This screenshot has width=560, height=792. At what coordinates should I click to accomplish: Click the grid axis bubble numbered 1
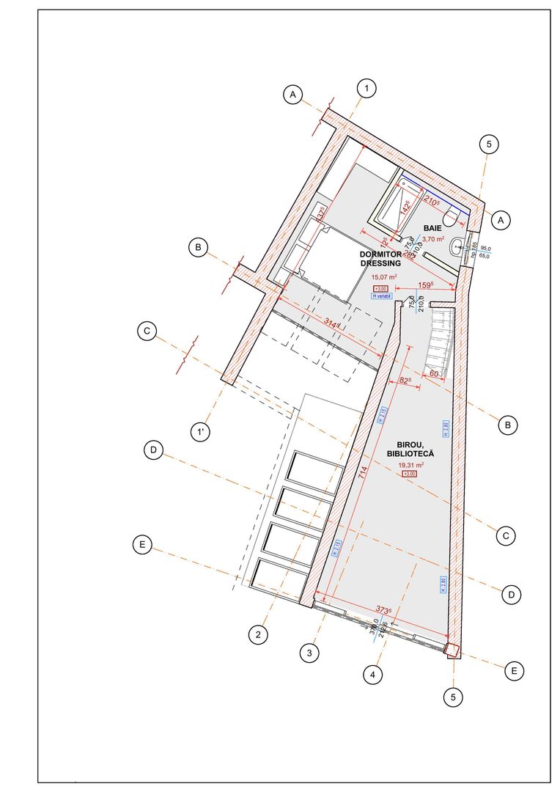[366, 89]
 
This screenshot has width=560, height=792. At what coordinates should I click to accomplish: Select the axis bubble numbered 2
[257, 634]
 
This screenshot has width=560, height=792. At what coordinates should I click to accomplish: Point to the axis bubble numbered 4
[374, 672]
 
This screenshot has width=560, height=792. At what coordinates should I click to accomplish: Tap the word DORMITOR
[380, 254]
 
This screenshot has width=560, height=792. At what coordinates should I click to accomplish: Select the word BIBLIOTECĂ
[410, 454]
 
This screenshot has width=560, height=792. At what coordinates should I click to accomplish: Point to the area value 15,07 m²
[384, 277]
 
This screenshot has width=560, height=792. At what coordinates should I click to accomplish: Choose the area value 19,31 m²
[411, 465]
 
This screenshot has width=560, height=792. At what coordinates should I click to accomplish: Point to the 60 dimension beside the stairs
[435, 374]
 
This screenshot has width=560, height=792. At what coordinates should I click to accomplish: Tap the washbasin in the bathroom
[457, 246]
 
